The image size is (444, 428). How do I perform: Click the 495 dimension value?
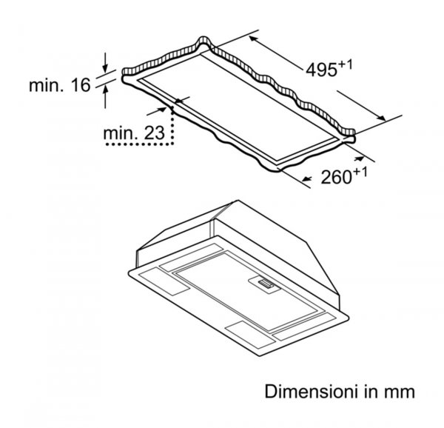point(322,70)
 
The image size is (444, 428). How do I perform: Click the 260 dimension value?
point(336,177)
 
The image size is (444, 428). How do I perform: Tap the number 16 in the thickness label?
point(81,84)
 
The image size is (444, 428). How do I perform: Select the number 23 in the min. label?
point(155,133)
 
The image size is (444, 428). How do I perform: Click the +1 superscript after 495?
point(346,65)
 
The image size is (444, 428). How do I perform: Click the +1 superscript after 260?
point(360,173)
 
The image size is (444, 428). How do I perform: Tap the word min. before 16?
point(46,84)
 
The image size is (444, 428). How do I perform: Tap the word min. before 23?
point(121,133)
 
